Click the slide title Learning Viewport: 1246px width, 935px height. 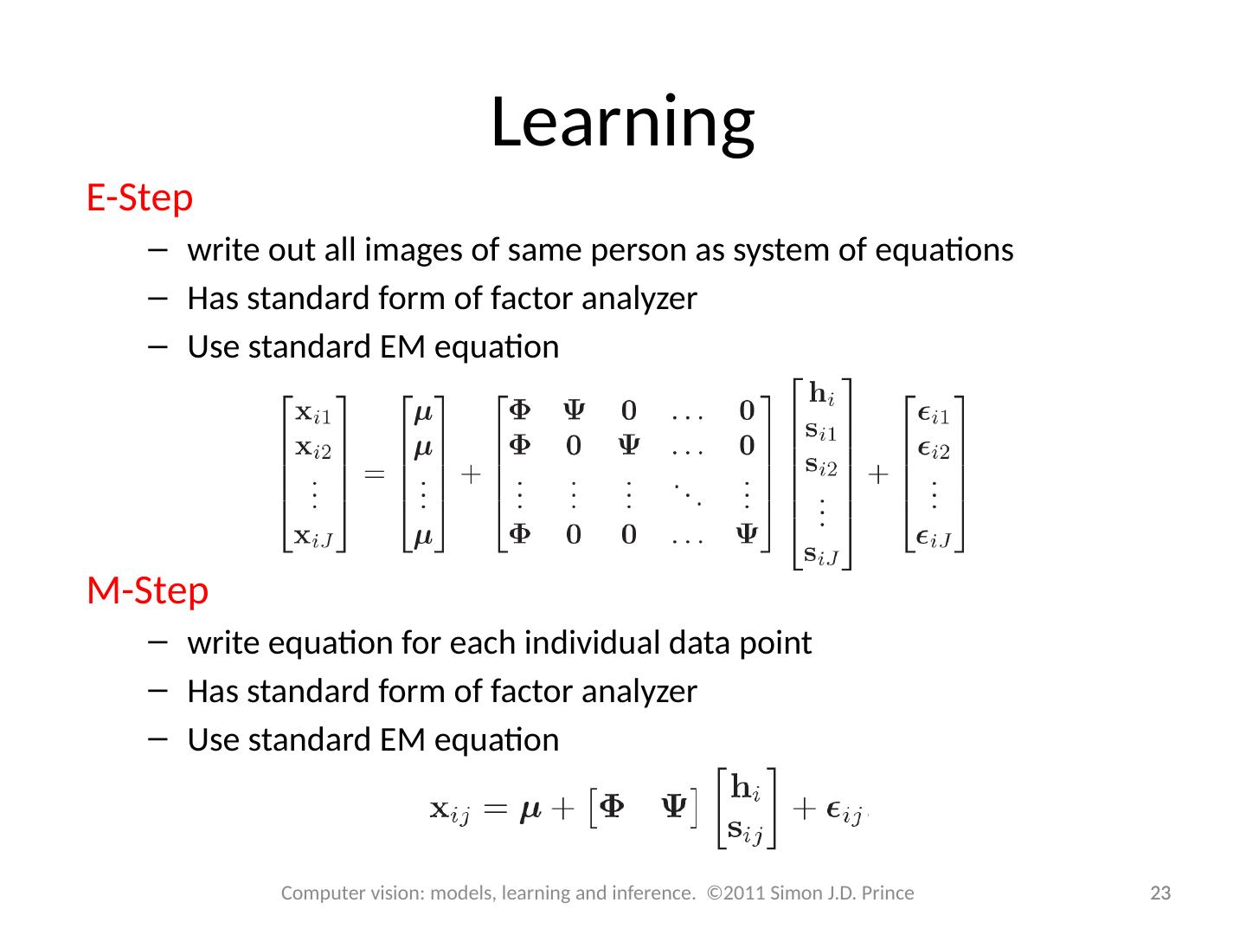click(x=622, y=121)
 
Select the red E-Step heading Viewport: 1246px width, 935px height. click(x=139, y=198)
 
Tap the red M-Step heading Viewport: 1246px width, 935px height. click(x=147, y=590)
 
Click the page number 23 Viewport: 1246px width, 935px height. click(x=1159, y=893)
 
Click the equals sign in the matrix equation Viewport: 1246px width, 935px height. click(x=374, y=475)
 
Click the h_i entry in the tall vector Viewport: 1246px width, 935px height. click(x=822, y=395)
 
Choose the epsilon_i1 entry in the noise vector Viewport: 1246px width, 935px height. click(x=934, y=415)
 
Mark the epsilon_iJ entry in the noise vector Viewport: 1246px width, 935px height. click(x=934, y=537)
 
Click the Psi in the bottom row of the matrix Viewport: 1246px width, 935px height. click(x=747, y=535)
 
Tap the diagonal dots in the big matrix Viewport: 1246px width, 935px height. click(x=687, y=491)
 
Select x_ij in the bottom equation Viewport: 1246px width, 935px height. click(x=450, y=811)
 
